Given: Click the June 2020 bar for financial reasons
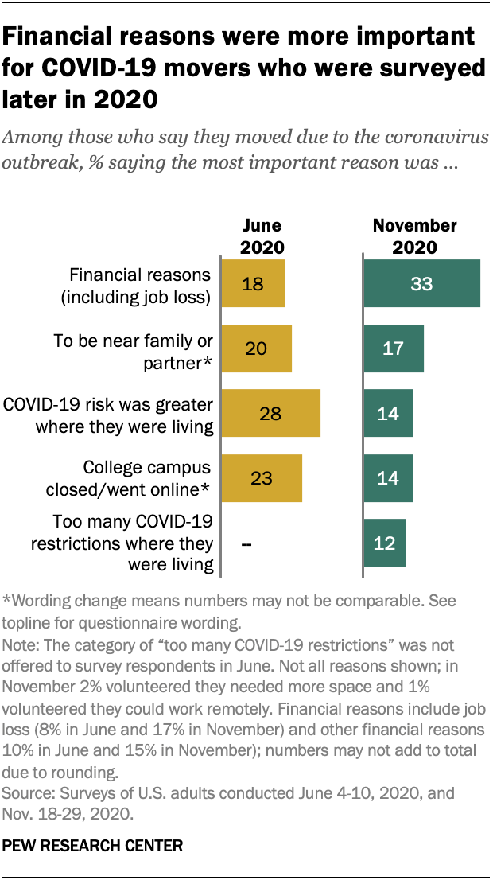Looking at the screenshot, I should coord(253,283).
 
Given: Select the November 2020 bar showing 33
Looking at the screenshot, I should coord(421,283).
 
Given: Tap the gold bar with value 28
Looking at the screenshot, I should coord(270,413).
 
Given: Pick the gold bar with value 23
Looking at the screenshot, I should coord(262,478).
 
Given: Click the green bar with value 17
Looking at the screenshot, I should coord(394,348).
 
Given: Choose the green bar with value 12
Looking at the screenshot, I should coord(385,543).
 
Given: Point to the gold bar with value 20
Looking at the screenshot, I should coord(256,348).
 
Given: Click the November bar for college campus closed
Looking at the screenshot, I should coord(388,478).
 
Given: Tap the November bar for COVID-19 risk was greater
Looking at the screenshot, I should coord(388,413).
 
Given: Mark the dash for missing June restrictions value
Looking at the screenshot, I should coord(246,543).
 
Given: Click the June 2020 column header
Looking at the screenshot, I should coord(261,236).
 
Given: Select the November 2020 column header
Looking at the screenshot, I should coord(414,236).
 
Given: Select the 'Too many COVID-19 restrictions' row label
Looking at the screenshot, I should coord(122,543).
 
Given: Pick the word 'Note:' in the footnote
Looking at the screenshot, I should coord(21,644).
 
